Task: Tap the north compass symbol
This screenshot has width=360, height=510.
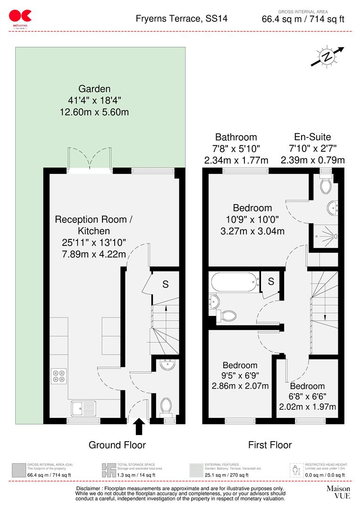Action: coord(327,57)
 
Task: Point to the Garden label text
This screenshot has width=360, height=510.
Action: coord(94,89)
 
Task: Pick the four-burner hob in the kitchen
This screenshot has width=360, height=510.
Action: coord(59,375)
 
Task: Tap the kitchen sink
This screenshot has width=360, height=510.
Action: coord(83,407)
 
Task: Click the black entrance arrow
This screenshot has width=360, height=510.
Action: coord(140,426)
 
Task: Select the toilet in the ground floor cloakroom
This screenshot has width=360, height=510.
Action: coord(166,406)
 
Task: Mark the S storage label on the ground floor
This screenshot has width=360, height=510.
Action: coord(165,284)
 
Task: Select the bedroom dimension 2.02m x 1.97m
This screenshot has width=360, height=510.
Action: coord(307,407)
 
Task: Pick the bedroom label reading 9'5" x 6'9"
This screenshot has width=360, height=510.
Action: coord(240,375)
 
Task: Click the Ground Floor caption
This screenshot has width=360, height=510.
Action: coord(117,445)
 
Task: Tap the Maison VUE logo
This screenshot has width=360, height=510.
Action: coord(338,492)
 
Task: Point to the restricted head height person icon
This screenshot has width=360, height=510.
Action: coord(296,470)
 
